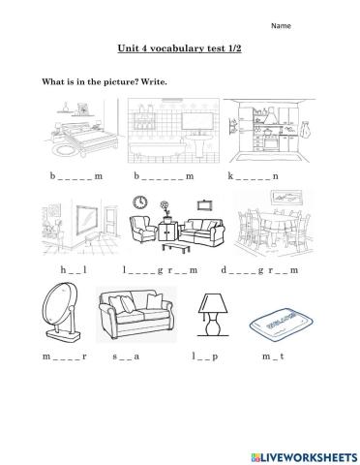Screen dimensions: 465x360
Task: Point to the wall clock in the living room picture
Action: (140, 201)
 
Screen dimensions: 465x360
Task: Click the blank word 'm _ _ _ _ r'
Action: (64, 357)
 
